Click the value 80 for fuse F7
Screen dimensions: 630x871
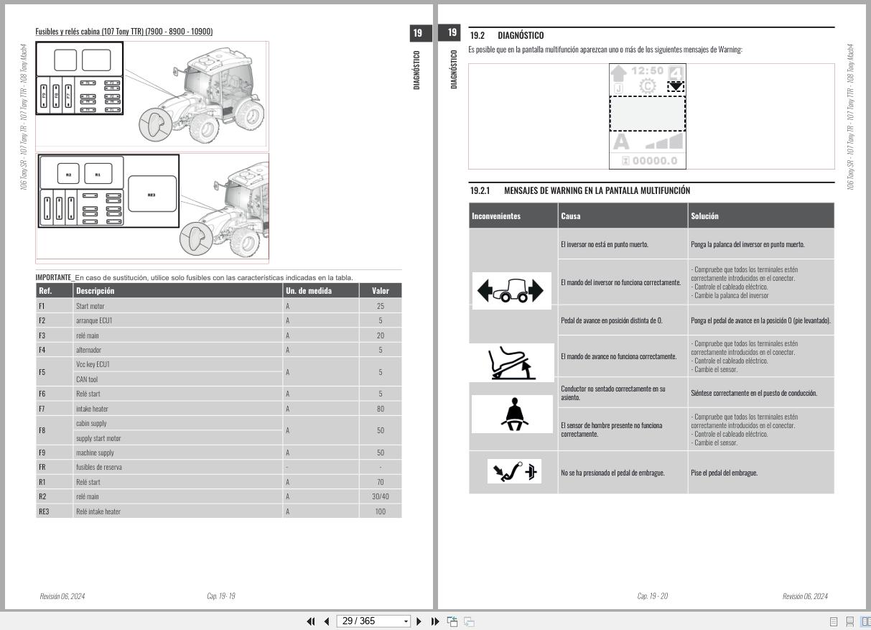pyautogui.click(x=380, y=409)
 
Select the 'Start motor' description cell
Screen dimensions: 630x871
pyautogui.click(x=90, y=306)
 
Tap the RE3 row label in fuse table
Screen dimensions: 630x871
pyautogui.click(x=44, y=511)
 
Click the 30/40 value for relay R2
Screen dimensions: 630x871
pyautogui.click(x=380, y=496)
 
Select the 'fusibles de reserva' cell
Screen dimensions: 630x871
pyautogui.click(x=99, y=467)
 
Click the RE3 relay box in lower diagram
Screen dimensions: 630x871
pyautogui.click(x=152, y=194)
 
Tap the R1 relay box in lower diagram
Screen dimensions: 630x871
pyautogui.click(x=98, y=174)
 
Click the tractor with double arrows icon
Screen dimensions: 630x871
pyautogui.click(x=511, y=291)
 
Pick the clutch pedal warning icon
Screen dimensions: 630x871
pyautogui.click(x=513, y=473)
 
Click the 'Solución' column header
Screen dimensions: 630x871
pyautogui.click(x=704, y=216)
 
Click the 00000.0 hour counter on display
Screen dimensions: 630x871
pyautogui.click(x=648, y=161)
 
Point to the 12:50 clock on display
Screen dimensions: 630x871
pyautogui.click(x=647, y=70)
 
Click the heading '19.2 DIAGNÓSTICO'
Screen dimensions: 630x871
pyautogui.click(x=506, y=35)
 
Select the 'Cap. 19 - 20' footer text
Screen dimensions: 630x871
pyautogui.click(x=652, y=596)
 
